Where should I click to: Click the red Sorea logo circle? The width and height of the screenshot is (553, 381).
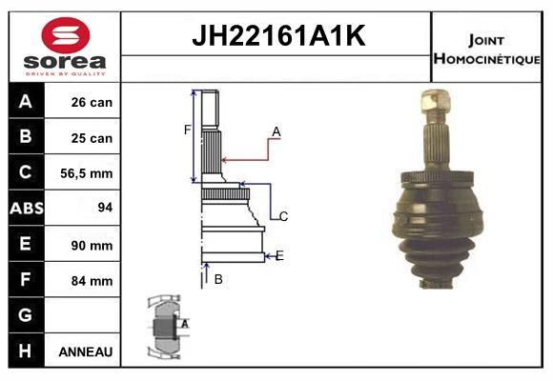[66, 35]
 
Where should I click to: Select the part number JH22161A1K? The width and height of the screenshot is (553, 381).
[278, 35]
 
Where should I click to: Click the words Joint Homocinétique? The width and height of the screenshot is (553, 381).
[486, 50]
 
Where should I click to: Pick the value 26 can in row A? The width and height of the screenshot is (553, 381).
[92, 102]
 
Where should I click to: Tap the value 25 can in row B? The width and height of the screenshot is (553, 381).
[92, 138]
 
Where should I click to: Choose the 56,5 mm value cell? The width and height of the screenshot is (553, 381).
[87, 173]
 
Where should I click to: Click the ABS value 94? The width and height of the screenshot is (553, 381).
[105, 208]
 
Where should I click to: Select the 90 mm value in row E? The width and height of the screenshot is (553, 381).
[92, 246]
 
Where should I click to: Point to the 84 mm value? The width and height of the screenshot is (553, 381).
[92, 281]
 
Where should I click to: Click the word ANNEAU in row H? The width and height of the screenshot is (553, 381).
[86, 351]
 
